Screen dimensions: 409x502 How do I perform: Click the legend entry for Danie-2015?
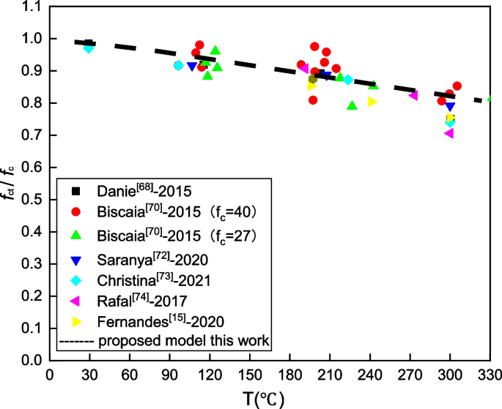[144, 192]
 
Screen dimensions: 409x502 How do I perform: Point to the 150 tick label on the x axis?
[250, 373]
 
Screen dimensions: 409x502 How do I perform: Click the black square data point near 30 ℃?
[89, 44]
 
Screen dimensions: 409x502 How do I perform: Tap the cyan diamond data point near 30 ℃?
[89, 48]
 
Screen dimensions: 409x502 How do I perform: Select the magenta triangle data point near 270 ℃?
[413, 95]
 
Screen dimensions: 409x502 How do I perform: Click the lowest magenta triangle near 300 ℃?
[449, 133]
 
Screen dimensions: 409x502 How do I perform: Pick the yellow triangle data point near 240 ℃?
[372, 102]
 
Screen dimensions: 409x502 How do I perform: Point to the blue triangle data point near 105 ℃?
[192, 67]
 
